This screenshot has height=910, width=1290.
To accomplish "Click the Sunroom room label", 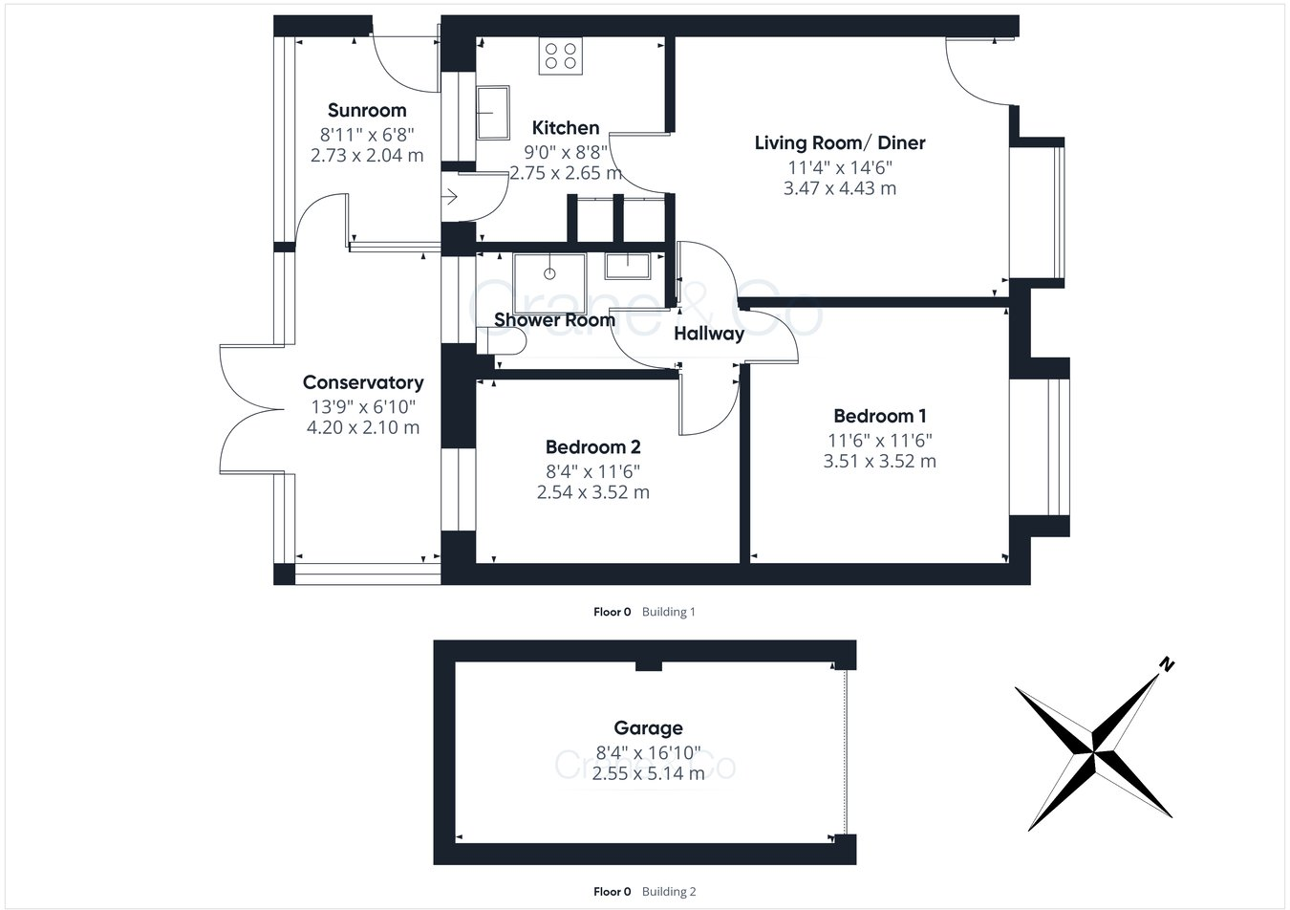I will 367,110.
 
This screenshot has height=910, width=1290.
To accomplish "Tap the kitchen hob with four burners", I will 560,56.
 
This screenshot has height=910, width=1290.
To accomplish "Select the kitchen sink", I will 493,112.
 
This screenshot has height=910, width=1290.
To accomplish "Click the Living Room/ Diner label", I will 840,143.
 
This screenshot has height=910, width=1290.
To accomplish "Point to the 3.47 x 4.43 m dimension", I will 840,188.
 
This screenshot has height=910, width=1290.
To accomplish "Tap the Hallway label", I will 709,334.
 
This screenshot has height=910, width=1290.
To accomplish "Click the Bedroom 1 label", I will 880,416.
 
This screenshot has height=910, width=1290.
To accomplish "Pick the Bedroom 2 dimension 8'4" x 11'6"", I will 592,470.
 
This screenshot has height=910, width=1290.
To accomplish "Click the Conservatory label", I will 363,382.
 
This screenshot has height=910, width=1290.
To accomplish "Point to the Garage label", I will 648,728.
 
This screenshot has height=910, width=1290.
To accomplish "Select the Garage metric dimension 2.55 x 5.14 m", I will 648,773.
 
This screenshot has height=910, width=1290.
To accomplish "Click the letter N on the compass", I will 1166,664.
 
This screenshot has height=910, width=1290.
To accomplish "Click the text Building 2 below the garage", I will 669,892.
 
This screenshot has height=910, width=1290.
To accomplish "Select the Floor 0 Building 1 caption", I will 644,612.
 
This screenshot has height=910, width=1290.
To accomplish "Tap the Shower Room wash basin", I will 628,266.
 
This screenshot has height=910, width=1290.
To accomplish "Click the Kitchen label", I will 566,128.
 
